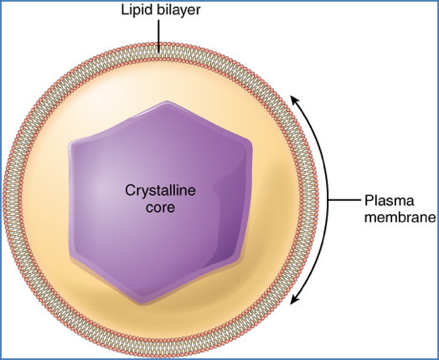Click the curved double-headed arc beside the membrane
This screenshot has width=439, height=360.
click(x=328, y=201)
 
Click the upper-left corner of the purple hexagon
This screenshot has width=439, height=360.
click(x=74, y=139)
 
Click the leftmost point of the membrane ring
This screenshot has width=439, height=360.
click(x=6, y=201)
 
